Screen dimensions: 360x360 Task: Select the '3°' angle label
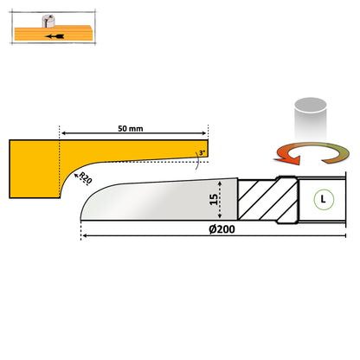tap(202, 153)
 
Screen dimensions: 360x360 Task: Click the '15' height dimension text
tap(213, 202)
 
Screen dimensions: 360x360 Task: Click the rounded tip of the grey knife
tap(87, 203)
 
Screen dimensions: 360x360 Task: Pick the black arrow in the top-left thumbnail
tap(55, 37)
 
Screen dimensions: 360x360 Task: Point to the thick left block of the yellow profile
tap(33, 170)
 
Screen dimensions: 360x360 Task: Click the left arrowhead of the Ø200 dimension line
tap(84, 236)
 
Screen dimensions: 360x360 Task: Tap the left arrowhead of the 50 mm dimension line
tap(63, 132)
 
